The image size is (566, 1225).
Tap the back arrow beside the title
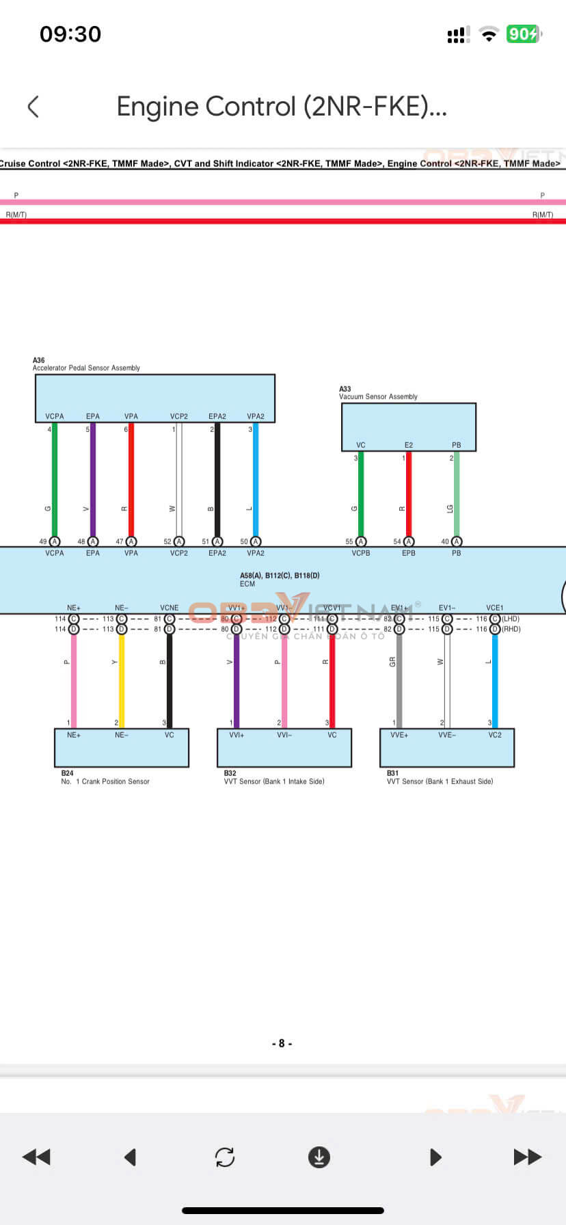pos(33,107)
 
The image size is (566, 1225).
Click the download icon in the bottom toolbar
pos(319,1157)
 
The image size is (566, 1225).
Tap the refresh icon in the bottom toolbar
pos(225,1157)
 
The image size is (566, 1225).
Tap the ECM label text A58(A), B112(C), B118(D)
pos(280,576)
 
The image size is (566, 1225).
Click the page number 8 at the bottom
pos(282,1043)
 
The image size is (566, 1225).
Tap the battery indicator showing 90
pos(523,34)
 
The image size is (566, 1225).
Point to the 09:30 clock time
pos(70,34)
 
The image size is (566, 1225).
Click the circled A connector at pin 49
pos(55,541)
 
